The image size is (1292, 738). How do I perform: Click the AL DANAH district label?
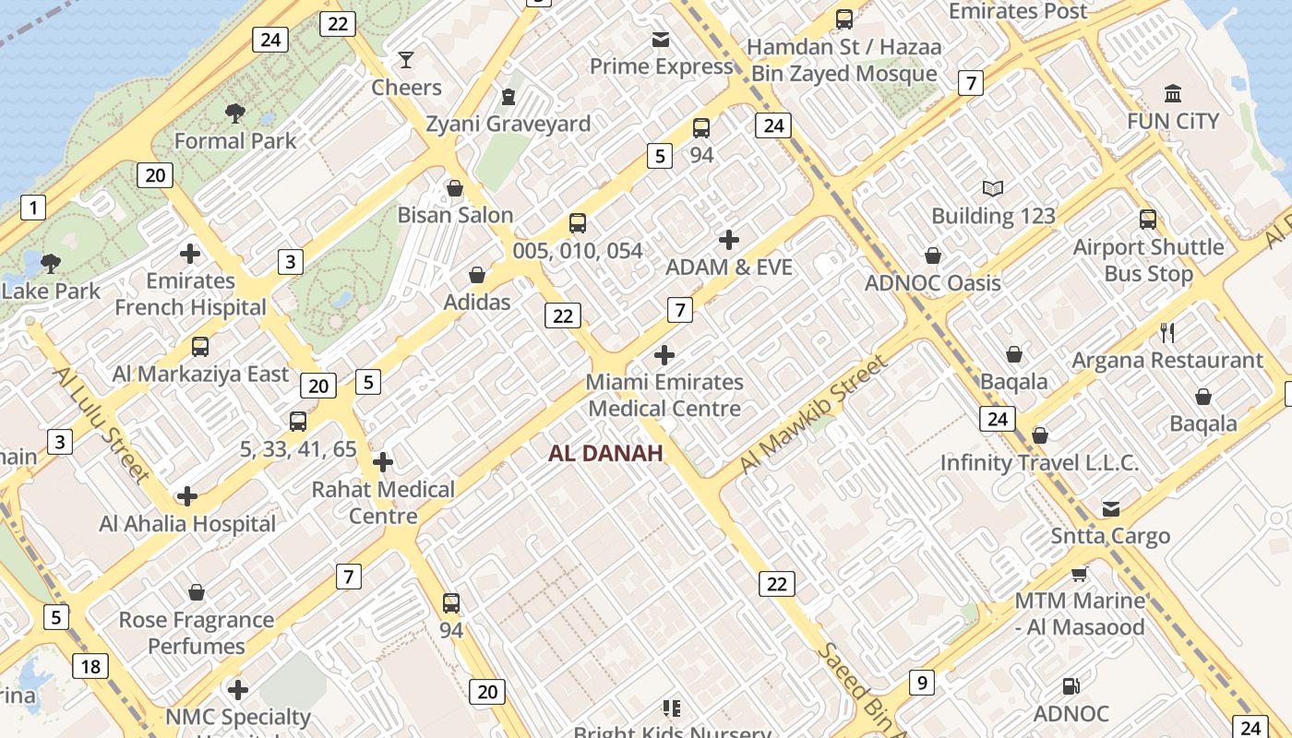point(605,453)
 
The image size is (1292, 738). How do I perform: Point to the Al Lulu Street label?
point(102,424)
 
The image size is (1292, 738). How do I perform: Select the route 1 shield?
point(33,208)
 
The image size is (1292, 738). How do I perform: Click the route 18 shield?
point(90,666)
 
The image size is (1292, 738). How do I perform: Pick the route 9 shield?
point(921,683)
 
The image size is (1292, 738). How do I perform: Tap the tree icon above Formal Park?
point(235,113)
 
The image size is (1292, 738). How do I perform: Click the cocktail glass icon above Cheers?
point(405,61)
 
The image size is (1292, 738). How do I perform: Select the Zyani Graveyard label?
point(508,124)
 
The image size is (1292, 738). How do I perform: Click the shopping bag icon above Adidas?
point(477,275)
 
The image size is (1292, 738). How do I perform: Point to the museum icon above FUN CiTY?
point(1173,93)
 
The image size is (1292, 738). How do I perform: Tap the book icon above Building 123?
point(992,189)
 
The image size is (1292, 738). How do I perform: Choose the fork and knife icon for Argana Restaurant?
point(1167,333)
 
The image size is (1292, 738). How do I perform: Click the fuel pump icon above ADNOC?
point(1071,686)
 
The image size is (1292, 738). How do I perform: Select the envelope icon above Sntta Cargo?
point(1111,509)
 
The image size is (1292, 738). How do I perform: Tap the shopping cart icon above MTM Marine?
point(1079,574)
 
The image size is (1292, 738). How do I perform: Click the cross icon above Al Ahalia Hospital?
point(187,496)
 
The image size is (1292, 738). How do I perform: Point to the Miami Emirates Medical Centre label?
point(664,395)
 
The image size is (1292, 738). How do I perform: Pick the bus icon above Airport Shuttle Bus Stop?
point(1148,220)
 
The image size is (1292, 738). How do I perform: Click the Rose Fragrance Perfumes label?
point(197,632)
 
